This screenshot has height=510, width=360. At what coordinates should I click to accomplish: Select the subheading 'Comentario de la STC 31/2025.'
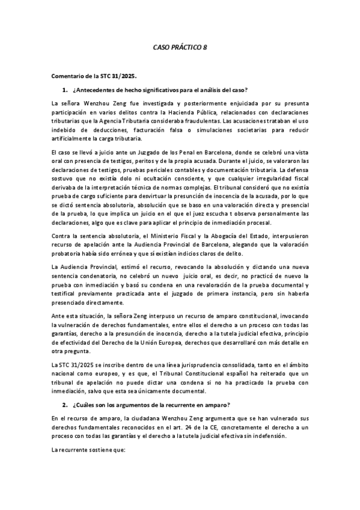pyautogui.click(x=94, y=76)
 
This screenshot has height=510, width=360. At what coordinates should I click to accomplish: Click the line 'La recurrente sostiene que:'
pyautogui.click(x=87, y=448)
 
